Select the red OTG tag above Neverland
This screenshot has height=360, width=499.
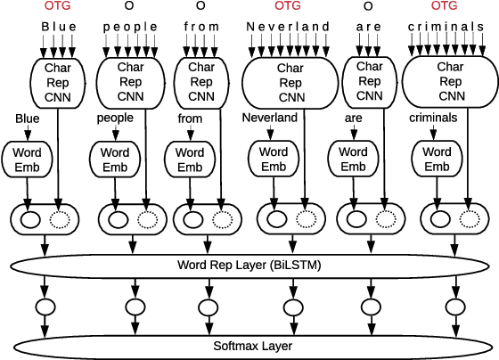click(289, 7)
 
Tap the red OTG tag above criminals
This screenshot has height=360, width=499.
click(446, 7)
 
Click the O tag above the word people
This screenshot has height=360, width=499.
click(130, 7)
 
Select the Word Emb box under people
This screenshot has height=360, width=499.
click(114, 160)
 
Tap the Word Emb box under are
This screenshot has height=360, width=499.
click(354, 160)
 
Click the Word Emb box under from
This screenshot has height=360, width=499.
click(189, 160)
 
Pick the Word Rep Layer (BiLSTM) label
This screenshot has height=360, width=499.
click(250, 266)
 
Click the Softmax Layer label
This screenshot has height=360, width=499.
click(250, 345)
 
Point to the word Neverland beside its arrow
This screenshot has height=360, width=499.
click(269, 117)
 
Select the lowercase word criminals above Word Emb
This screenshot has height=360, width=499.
click(433, 117)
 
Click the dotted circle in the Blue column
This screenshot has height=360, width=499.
click(59, 219)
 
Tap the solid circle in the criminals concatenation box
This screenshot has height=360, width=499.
click(440, 219)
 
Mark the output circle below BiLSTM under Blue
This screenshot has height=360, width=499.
click(45, 307)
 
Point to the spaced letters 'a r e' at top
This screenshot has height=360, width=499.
click(368, 27)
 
